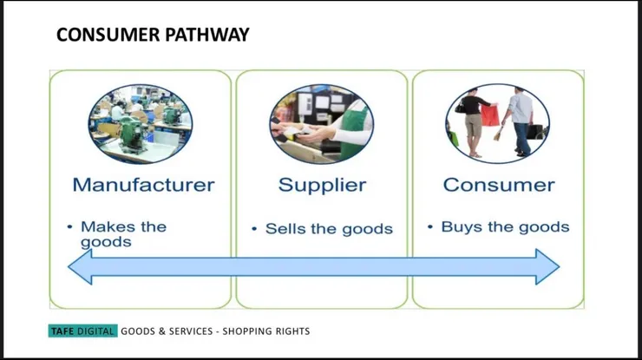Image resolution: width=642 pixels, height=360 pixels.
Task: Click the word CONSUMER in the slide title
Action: (108, 35)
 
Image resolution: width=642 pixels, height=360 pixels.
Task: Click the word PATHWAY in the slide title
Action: (207, 35)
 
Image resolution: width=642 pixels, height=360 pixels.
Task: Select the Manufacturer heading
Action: (143, 185)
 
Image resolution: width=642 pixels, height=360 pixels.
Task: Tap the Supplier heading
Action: (322, 186)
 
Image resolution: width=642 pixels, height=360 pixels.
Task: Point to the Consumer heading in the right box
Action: (499, 185)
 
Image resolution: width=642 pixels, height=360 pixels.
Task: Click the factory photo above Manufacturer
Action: (141, 124)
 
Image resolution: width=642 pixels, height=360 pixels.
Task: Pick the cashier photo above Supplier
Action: (321, 124)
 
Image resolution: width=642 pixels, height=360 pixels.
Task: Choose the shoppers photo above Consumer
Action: (497, 124)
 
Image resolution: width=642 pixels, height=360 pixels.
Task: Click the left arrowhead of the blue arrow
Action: (80, 266)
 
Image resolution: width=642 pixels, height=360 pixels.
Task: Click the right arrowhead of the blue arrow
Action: (547, 266)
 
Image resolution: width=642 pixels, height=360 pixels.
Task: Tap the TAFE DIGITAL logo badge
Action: (82, 331)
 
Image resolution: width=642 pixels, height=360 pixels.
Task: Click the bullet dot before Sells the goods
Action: (254, 228)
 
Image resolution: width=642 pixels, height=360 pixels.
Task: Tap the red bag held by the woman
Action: (489, 115)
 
